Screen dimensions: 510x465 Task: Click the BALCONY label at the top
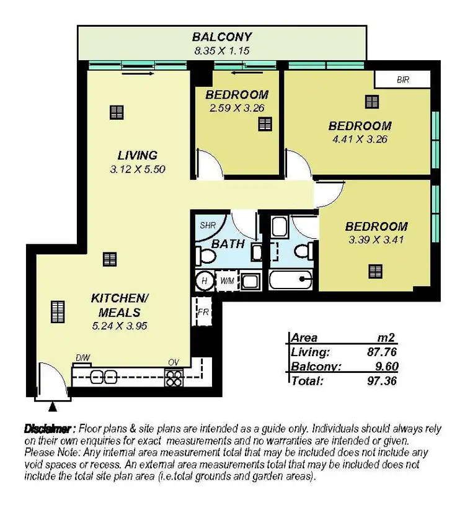pyautogui.click(x=221, y=37)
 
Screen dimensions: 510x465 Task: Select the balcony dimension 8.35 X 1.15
pyautogui.click(x=221, y=51)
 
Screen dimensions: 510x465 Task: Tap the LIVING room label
pyautogui.click(x=138, y=155)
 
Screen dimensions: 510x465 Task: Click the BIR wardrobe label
pyautogui.click(x=402, y=79)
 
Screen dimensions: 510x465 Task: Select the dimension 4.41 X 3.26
pyautogui.click(x=360, y=139)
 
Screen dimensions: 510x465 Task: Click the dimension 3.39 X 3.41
pyautogui.click(x=376, y=239)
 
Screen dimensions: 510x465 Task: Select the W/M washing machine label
pyautogui.click(x=228, y=281)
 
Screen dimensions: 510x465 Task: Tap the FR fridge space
pyautogui.click(x=203, y=311)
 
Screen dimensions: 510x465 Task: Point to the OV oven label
pyautogui.click(x=173, y=362)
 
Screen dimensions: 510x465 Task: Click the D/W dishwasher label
pyautogui.click(x=82, y=358)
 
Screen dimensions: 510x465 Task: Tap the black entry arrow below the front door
pyautogui.click(x=52, y=407)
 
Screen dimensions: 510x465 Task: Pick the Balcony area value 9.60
pyautogui.click(x=384, y=366)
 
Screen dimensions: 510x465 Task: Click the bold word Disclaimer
pyautogui.click(x=49, y=429)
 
